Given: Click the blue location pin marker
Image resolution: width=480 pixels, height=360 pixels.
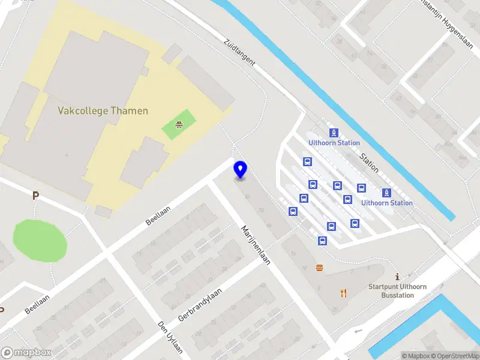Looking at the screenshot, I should [x=241, y=170].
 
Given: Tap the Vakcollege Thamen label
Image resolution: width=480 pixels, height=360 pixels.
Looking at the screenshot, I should [x=103, y=111].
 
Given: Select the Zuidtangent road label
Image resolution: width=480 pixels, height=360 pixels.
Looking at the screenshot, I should [x=239, y=52].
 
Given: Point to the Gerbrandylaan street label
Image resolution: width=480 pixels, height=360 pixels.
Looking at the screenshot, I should [x=200, y=305].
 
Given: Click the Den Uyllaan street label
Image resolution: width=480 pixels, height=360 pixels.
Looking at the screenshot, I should [x=170, y=337].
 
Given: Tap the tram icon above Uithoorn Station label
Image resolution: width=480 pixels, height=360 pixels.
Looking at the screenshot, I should [x=333, y=133].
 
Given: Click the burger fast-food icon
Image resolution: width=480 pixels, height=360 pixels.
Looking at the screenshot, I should [x=319, y=269].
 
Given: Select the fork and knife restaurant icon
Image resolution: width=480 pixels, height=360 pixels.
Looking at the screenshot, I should [x=343, y=293].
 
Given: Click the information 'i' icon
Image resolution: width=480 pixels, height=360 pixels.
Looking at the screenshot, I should [x=397, y=277].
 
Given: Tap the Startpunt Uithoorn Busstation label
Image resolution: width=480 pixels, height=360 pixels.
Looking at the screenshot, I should [x=397, y=291].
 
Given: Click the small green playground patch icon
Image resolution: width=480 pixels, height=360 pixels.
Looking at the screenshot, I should [x=179, y=125].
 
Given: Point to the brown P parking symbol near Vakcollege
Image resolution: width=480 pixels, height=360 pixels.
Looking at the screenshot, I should [x=35, y=196].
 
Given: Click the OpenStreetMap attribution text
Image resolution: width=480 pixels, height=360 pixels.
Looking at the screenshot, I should [x=454, y=356].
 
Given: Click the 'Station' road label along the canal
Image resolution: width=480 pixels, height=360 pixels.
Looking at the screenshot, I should [x=369, y=163].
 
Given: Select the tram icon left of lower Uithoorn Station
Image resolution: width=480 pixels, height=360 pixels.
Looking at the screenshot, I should [x=387, y=193].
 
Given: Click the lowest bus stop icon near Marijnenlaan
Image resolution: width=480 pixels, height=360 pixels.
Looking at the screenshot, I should [x=322, y=241].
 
